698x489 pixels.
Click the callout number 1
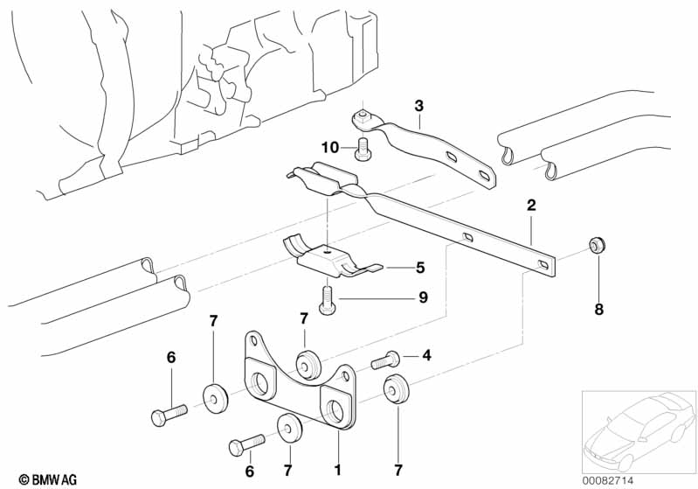[x=337, y=470]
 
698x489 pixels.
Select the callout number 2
[x=530, y=206]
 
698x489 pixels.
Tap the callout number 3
[x=418, y=106]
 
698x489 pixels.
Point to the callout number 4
[x=426, y=354]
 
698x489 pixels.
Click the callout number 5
[x=419, y=268]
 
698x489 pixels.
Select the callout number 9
[x=423, y=297]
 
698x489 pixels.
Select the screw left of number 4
[x=385, y=359]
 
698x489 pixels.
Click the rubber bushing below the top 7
[x=307, y=361]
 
